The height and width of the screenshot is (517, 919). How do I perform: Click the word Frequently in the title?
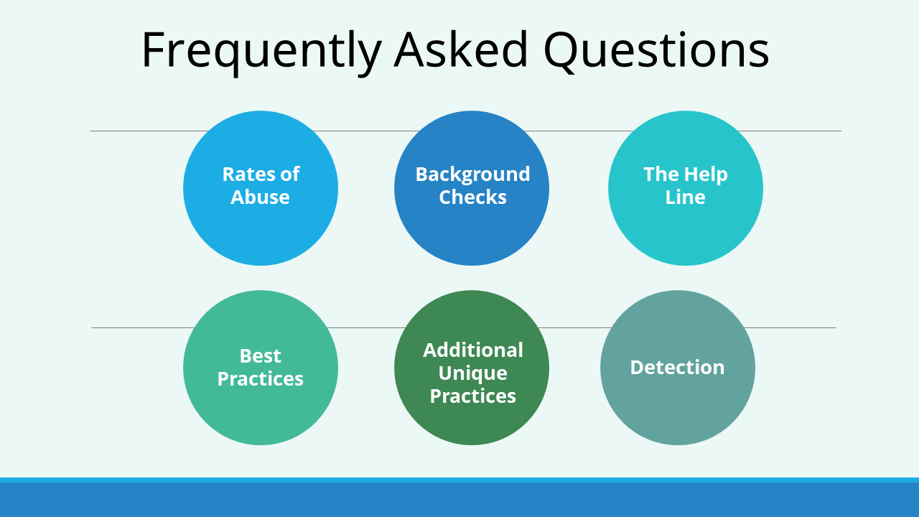pyautogui.click(x=262, y=51)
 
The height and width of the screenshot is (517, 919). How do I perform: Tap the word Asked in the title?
pyautogui.click(x=461, y=50)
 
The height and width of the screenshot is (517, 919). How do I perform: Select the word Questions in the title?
pyautogui.click(x=656, y=50)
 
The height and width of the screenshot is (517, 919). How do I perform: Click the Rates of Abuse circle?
pyautogui.click(x=261, y=188)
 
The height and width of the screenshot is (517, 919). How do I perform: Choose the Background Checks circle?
pyautogui.click(x=472, y=188)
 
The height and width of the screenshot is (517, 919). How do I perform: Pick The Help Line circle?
pyautogui.click(x=686, y=188)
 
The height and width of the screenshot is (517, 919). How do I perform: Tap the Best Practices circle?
pyautogui.click(x=261, y=368)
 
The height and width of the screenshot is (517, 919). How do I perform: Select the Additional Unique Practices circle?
pyautogui.click(x=472, y=368)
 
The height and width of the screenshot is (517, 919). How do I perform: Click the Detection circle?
pyautogui.click(x=678, y=368)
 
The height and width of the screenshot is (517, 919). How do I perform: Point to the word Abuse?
pyautogui.click(x=260, y=197)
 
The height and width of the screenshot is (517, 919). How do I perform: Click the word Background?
pyautogui.click(x=472, y=174)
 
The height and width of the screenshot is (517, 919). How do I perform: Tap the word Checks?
pyautogui.click(x=472, y=197)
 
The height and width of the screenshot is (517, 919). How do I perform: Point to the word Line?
pyautogui.click(x=685, y=197)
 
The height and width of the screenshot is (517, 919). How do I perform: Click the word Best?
pyautogui.click(x=261, y=355)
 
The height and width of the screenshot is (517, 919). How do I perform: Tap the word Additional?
pyautogui.click(x=473, y=350)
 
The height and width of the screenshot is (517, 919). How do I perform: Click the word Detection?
pyautogui.click(x=677, y=367)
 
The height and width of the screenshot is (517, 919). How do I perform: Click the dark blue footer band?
pyautogui.click(x=459, y=500)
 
